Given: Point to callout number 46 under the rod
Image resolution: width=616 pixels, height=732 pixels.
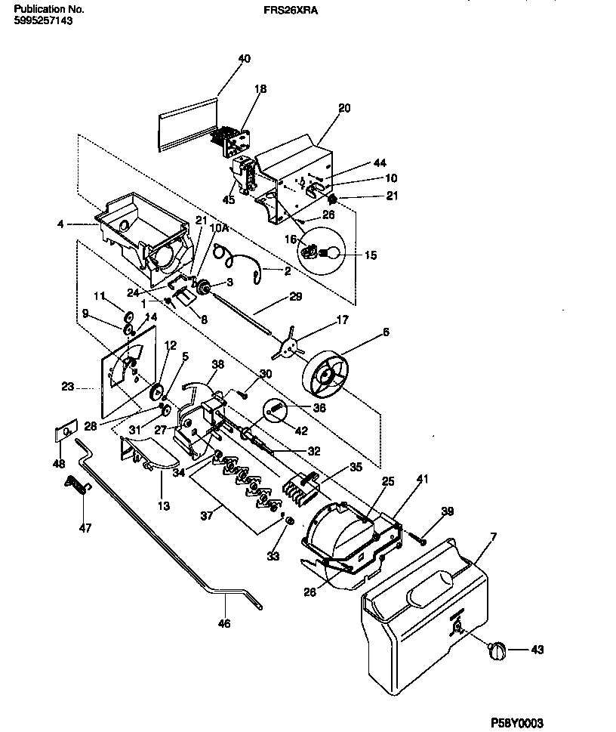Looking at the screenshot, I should (224, 624).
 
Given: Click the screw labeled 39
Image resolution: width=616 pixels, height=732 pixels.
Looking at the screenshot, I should (418, 539).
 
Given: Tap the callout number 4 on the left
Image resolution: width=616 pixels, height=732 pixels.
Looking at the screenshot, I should (60, 224).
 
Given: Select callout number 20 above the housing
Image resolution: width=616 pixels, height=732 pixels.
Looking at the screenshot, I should (344, 108).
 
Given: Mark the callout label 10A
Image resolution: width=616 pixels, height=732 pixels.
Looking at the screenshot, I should (218, 227).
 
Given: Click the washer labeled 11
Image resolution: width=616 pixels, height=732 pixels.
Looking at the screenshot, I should (128, 315).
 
